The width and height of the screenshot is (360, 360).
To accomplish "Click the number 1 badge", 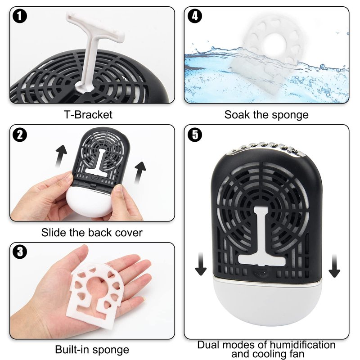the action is pyautogui.click(x=20, y=16).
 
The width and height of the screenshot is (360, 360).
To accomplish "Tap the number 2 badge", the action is pyautogui.click(x=20, y=135).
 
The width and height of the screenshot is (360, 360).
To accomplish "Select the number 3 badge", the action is pyautogui.click(x=20, y=252).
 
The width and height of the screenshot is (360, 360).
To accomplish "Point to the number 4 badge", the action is pyautogui.click(x=195, y=16).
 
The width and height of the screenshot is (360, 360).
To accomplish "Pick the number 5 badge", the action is pyautogui.click(x=195, y=135).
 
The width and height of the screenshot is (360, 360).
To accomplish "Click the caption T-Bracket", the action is pyautogui.click(x=88, y=115).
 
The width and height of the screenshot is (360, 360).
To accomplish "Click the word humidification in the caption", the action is pyautogui.click(x=302, y=345).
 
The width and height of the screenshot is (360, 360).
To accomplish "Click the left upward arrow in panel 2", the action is pyautogui.click(x=61, y=156).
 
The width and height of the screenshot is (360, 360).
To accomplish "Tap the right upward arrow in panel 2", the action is pyautogui.click(x=139, y=173).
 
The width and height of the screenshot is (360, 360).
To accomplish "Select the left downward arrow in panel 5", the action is pyautogui.click(x=201, y=264).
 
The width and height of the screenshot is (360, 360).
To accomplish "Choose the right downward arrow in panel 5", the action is pyautogui.click(x=334, y=266).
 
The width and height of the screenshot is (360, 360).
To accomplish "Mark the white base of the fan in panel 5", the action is pyautogui.click(x=267, y=301).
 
